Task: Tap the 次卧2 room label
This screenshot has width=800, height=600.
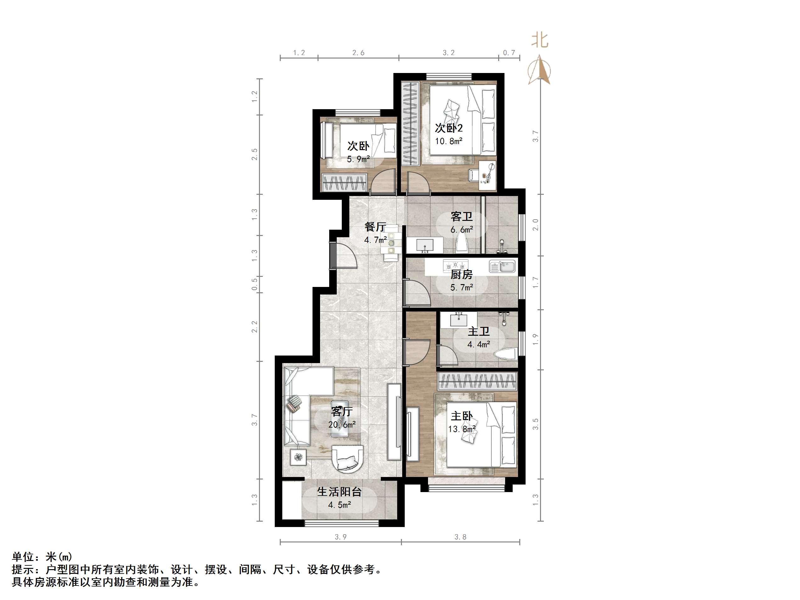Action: pyautogui.click(x=448, y=128)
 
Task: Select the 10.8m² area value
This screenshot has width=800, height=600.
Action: pyautogui.click(x=448, y=141)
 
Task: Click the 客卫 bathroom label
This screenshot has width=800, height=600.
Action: pyautogui.click(x=461, y=217)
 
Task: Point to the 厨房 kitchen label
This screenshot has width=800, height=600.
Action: pyautogui.click(x=461, y=274)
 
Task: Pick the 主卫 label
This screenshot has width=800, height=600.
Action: pyautogui.click(x=478, y=331)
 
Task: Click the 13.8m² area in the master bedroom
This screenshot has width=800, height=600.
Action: pyautogui.click(x=461, y=429)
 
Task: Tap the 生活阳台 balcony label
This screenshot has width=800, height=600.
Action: pyautogui.click(x=339, y=492)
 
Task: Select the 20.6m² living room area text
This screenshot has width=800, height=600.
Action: pyautogui.click(x=342, y=424)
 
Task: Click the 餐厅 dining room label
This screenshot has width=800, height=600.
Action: pyautogui.click(x=375, y=227)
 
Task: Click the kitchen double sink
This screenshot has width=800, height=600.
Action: pyautogui.click(x=502, y=266)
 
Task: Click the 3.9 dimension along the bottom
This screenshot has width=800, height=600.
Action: pyautogui.click(x=340, y=537)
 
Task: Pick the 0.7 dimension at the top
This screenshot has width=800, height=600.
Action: pyautogui.click(x=509, y=53)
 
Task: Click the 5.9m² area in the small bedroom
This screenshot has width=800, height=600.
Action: pyautogui.click(x=358, y=159)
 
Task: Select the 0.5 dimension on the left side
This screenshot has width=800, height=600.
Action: pyautogui.click(x=255, y=284)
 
